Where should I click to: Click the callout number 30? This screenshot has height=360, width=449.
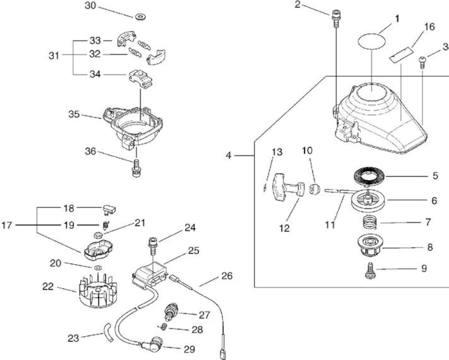(90, 6)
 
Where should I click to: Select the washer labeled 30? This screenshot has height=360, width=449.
(140, 17)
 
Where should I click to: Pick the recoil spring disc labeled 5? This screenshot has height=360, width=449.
(370, 177)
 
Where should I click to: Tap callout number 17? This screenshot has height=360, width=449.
(7, 225)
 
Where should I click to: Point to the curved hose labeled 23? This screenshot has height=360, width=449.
(108, 335)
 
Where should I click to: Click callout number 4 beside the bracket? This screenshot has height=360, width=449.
(229, 155)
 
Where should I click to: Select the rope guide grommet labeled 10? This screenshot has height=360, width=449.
(314, 189)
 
